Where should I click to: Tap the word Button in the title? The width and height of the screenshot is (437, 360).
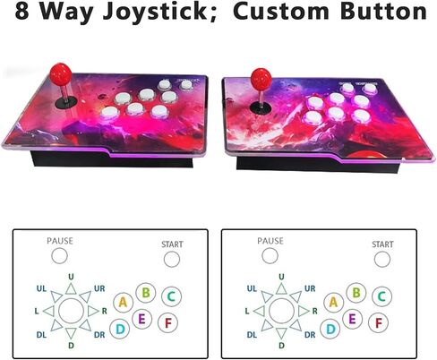[383, 11]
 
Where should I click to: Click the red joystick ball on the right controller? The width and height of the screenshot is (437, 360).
[261, 78]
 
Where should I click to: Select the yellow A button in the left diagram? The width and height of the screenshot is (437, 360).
[123, 303]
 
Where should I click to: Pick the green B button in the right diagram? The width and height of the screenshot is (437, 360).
[356, 293]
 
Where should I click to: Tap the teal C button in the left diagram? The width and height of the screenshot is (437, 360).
[171, 296]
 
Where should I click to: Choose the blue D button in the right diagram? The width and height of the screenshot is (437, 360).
[330, 329]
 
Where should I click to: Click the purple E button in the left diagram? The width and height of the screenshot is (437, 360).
[141, 319]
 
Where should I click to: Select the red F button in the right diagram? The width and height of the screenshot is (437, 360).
[379, 322]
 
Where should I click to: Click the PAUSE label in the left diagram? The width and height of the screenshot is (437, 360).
[60, 241]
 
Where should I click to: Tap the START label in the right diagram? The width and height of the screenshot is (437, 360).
[382, 244]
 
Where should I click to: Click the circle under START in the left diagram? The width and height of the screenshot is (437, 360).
[172, 259]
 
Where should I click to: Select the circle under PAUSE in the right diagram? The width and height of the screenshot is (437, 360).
[270, 256]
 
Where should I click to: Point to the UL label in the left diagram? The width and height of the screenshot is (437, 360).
[41, 288]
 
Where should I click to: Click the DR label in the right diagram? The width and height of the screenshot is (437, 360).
[310, 335]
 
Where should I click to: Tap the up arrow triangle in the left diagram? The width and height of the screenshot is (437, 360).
[71, 289]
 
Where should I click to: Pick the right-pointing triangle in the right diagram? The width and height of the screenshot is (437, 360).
[304, 311]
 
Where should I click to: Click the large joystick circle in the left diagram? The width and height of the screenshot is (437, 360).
[72, 311]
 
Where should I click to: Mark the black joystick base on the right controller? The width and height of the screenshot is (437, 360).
[261, 108]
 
